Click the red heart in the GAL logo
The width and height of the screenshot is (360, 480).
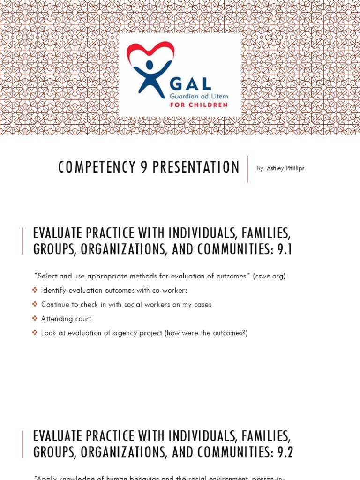(150, 52)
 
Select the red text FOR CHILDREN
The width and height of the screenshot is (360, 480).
(198, 105)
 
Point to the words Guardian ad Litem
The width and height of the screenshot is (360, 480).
(199, 96)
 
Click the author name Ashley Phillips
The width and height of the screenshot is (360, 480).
(285, 168)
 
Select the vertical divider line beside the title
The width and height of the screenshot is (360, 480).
(247, 169)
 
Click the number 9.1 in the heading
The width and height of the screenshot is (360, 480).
(285, 249)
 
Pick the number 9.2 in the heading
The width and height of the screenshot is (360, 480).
(285, 452)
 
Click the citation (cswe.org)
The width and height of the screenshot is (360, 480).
(269, 276)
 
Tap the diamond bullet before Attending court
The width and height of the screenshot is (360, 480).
(35, 319)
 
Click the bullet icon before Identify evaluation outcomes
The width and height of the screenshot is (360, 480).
(35, 290)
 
